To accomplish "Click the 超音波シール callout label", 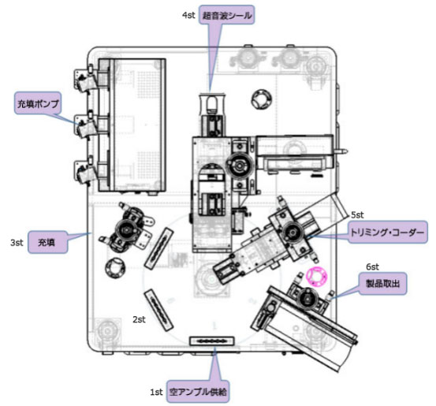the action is click(226, 15).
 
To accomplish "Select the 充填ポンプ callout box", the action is click(38, 103).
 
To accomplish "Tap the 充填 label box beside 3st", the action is click(47, 242).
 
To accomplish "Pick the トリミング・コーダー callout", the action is click(388, 233).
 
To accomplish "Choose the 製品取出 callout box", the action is click(382, 283).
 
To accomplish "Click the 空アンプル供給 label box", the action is click(198, 392).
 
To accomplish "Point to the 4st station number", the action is click(188, 15).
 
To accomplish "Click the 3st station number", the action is click(17, 243).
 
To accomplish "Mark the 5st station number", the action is click(357, 214).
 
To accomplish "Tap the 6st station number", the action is click(372, 267).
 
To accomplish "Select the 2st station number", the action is click(139, 319).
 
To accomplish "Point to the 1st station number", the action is click(156, 392).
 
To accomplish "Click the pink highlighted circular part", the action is click(317, 276).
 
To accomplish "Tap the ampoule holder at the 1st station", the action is click(211, 341).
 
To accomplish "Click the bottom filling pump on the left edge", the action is click(86, 171).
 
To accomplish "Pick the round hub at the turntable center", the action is click(212, 279).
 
